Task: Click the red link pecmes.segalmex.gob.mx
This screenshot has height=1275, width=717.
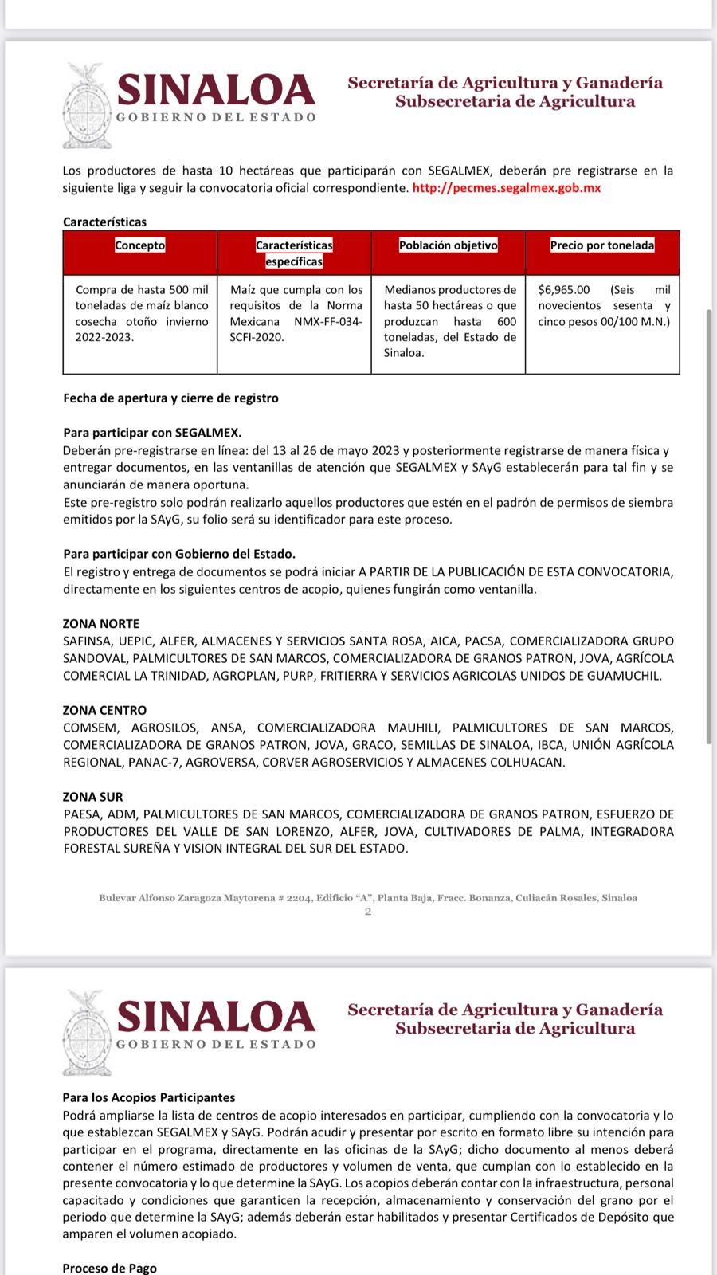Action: [507, 188]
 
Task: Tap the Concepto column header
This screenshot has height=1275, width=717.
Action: [139, 245]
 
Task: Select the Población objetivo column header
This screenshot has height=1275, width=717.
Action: [448, 245]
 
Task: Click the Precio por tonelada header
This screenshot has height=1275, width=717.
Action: [602, 245]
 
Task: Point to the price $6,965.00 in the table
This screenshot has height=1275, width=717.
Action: [564, 290]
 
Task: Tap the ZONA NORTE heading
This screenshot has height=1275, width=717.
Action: [101, 624]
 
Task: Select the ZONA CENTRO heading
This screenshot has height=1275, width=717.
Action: [105, 710]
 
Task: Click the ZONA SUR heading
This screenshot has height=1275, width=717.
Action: [93, 797]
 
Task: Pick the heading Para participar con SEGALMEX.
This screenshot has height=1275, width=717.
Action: [152, 433]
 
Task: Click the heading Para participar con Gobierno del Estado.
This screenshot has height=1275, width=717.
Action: [179, 554]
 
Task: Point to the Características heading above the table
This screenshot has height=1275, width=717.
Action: [105, 222]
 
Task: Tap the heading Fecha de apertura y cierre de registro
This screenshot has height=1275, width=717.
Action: [171, 398]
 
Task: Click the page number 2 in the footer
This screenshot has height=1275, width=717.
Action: [368, 912]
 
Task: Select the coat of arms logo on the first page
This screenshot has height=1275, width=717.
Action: [88, 106]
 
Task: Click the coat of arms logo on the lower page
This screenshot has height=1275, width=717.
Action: [88, 1033]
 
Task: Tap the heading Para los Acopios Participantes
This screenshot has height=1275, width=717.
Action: [149, 1097]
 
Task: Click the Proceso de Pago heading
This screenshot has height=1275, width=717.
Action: [110, 1268]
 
